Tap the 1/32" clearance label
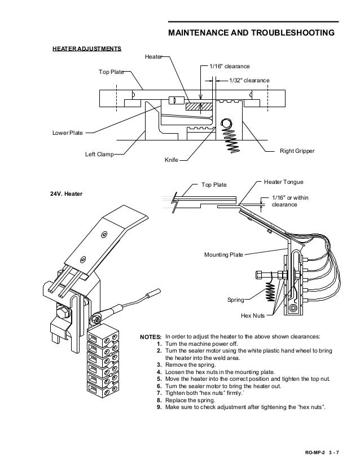point(249,81)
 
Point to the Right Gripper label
point(297,152)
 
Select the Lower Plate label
point(68,133)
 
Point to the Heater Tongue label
point(284,183)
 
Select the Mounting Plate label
point(223,255)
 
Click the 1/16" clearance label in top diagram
point(230,67)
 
